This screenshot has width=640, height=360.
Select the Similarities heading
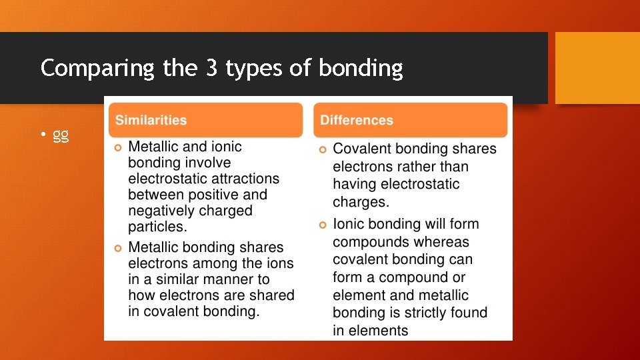pyautogui.click(x=151, y=121)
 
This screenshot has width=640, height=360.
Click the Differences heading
pyautogui.click(x=357, y=121)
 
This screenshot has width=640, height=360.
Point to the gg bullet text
pyautogui.click(x=61, y=135)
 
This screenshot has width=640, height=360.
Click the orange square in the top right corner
pyautogui.click(x=597, y=68)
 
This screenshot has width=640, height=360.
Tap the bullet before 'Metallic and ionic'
pyautogui.click(x=118, y=147)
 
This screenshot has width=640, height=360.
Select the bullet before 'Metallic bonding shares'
pyautogui.click(x=118, y=248)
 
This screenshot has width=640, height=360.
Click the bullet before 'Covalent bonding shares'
pyautogui.click(x=323, y=149)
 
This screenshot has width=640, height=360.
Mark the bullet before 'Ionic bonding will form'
pyautogui.click(x=323, y=225)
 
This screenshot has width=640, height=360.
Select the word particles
pyautogui.click(x=156, y=227)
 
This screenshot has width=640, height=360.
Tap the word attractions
pyautogui.click(x=241, y=179)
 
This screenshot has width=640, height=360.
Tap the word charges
pyautogui.click(x=359, y=201)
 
